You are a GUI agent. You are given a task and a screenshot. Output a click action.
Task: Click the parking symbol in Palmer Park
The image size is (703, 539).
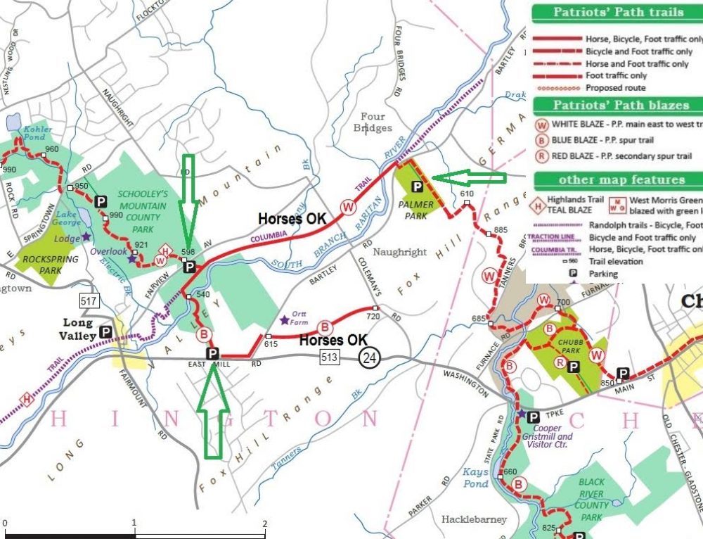416,186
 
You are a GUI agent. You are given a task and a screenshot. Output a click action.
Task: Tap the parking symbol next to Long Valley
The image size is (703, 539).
106,331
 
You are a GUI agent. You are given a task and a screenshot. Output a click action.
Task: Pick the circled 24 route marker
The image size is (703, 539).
370,357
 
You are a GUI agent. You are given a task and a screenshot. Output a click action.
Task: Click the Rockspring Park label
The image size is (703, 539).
40,263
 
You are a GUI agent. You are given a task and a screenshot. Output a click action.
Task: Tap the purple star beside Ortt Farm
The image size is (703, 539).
284,320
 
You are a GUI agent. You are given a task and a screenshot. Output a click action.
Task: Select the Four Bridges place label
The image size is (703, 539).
373,122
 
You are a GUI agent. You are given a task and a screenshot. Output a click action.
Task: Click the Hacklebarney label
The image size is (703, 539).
474,519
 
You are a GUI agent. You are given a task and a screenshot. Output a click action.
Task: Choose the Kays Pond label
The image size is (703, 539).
476,478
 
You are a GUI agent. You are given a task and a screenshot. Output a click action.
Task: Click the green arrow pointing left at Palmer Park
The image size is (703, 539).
468,178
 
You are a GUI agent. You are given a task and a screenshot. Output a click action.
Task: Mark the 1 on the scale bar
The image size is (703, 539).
134,524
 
